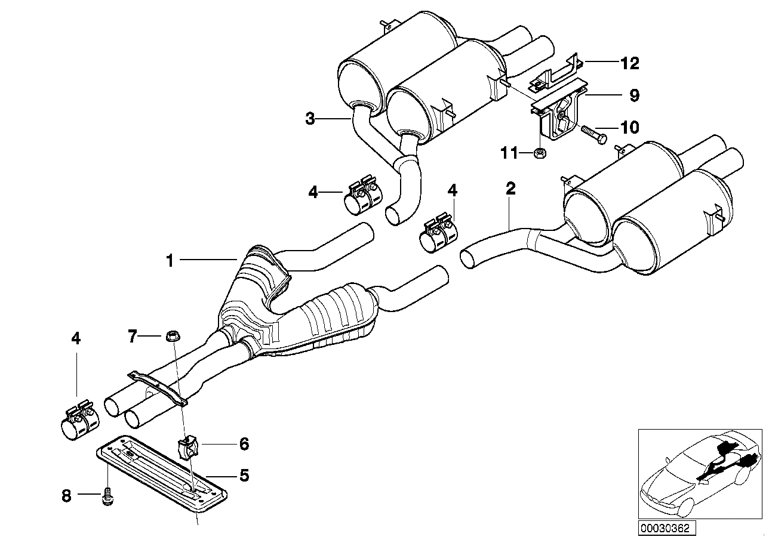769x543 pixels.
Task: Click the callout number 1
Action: coord(170,260)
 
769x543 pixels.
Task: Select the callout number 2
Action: coord(510,190)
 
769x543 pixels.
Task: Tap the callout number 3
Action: coord(310,119)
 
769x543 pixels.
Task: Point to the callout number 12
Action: coord(629,63)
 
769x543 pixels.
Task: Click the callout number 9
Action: coord(634,95)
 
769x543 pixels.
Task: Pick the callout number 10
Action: coord(629,127)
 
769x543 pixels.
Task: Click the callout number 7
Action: coord(133,337)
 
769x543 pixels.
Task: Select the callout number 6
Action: coord(244,444)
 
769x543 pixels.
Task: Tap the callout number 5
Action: coord(244,476)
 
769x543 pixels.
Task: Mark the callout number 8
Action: coord(66,495)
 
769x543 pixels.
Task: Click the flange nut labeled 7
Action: coord(170,335)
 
